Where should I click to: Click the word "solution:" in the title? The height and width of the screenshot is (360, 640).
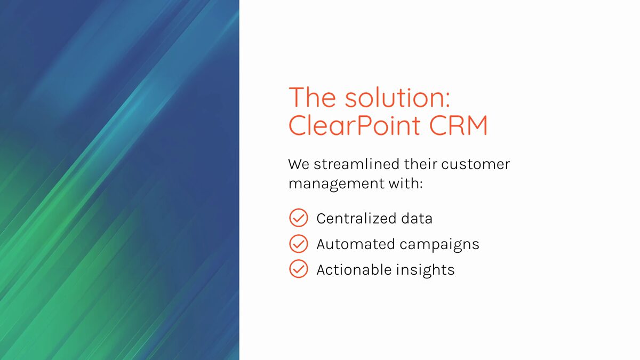pyautogui.click(x=397, y=98)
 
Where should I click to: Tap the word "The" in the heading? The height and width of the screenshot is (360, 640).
pyautogui.click(x=313, y=98)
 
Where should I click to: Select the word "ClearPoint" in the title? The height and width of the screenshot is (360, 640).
pyautogui.click(x=354, y=125)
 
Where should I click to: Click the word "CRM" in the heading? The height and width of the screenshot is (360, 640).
pyautogui.click(x=459, y=125)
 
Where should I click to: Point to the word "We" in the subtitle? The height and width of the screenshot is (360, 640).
pyautogui.click(x=299, y=164)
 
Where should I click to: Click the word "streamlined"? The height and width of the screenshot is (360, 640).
pyautogui.click(x=357, y=164)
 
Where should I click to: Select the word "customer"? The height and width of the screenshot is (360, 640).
pyautogui.click(x=475, y=165)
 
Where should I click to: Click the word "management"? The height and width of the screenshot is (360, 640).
pyautogui.click(x=337, y=184)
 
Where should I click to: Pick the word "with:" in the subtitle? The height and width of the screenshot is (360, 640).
pyautogui.click(x=405, y=183)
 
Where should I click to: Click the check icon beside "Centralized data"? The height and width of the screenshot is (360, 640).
pyautogui.click(x=299, y=218)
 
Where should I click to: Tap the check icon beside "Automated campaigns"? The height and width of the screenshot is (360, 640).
pyautogui.click(x=299, y=244)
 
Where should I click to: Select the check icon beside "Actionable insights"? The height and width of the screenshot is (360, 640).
pyautogui.click(x=299, y=269)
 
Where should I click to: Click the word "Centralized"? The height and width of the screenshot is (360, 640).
pyautogui.click(x=356, y=219)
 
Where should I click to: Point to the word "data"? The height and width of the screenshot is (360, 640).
pyautogui.click(x=417, y=219)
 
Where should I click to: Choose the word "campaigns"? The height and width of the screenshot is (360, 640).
pyautogui.click(x=439, y=245)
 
